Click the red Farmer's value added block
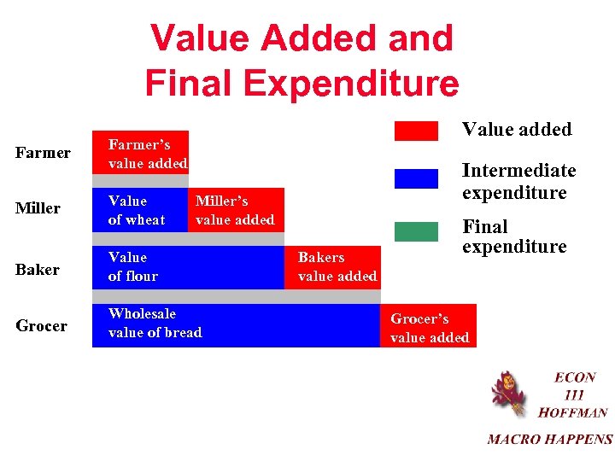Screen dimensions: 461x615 click(140, 152)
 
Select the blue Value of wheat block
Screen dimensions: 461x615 click(140, 210)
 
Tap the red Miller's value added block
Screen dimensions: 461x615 click(235, 210)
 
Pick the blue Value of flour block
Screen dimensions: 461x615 click(188, 267)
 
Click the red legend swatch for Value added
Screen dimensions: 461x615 click(416, 131)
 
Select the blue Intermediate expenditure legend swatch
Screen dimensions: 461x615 click(416, 178)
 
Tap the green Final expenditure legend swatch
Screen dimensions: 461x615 click(416, 230)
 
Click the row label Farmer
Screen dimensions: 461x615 click(44, 153)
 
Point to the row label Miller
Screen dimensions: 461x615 click(38, 208)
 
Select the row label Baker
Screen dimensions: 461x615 click(38, 270)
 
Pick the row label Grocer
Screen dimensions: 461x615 click(42, 326)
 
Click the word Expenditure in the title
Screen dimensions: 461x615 click(349, 84)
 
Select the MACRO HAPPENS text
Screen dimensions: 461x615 click(550, 440)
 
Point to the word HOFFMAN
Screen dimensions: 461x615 click(572, 412)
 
